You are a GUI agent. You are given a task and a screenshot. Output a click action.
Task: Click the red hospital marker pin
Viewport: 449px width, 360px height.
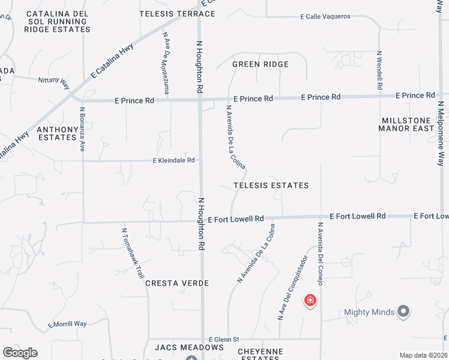coord(310,299)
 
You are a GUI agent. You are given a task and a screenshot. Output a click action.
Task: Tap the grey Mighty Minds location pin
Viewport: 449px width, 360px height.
coord(404,311)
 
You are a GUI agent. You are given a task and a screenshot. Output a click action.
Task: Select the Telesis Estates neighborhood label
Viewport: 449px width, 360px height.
coord(271,185)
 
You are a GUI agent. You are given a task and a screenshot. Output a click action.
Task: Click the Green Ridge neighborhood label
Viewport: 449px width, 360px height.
coord(261,64)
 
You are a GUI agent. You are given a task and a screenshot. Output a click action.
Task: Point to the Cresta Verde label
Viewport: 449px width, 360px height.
coord(176,283)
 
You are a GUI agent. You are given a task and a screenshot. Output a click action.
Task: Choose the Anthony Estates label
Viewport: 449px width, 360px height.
coord(58,133)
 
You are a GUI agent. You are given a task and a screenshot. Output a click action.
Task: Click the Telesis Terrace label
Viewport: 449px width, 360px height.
coord(177,13)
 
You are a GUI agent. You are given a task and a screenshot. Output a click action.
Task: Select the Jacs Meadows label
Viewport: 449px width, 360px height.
coord(189,347)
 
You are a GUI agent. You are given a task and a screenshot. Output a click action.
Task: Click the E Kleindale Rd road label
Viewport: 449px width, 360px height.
coord(174,160)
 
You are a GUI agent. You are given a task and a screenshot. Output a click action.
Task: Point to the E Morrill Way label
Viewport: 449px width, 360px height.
coord(67,324)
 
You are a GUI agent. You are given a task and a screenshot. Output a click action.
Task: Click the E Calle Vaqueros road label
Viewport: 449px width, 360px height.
coord(325,16)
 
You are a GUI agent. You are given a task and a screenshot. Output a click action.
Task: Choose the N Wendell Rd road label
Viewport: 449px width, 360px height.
coord(380,70)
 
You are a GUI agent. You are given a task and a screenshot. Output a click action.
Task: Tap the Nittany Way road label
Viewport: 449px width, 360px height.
coord(53,79)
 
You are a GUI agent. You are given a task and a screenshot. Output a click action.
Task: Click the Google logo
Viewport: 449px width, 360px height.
coord(20,353)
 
